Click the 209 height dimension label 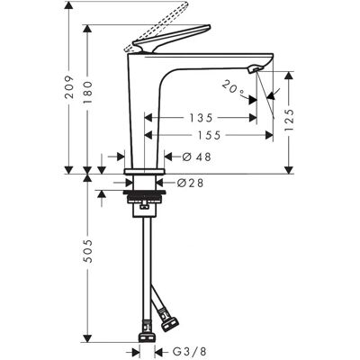click(69, 87)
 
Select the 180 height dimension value click(87, 93)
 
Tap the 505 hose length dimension click(87, 251)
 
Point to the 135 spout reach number click(201, 118)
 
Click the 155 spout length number click(209, 136)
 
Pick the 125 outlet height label click(289, 120)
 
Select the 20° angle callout click(233, 88)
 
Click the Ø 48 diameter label click(197, 157)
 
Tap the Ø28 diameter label click(190, 183)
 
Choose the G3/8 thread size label click(190, 351)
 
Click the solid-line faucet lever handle click(171, 39)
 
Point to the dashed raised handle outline click(156, 27)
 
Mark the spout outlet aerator click(255, 69)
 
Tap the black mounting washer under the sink click(144, 192)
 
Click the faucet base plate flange click(145, 171)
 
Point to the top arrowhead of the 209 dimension click(69, 5)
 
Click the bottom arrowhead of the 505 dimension click(87, 337)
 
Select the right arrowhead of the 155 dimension click(269, 136)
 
